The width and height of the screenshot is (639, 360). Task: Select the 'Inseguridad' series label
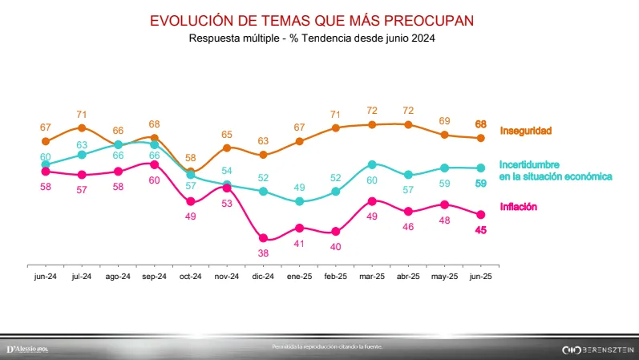tap(526, 130)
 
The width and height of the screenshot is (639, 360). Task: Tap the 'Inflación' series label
tap(518, 207)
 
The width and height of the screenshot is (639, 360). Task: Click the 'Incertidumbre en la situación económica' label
tap(556, 169)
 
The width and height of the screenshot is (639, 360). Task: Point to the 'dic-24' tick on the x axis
tap(263, 276)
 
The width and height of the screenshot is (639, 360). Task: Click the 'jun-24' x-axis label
tap(46, 276)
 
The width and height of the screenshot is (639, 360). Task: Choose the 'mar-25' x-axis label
tap(372, 276)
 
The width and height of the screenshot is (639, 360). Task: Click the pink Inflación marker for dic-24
tap(263, 237)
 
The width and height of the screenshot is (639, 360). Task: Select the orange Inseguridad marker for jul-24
tap(82, 127)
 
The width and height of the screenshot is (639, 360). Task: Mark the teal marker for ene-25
tap(299, 201)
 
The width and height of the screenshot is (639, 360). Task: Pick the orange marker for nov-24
tap(227, 148)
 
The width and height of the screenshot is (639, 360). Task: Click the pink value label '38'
tap(263, 252)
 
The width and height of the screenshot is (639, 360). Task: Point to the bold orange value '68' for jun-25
tap(481, 124)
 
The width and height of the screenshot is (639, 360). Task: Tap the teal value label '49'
tap(299, 187)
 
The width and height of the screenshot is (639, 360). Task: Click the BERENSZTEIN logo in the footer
tap(598, 350)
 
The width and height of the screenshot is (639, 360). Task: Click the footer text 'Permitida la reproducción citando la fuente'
tap(328, 346)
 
